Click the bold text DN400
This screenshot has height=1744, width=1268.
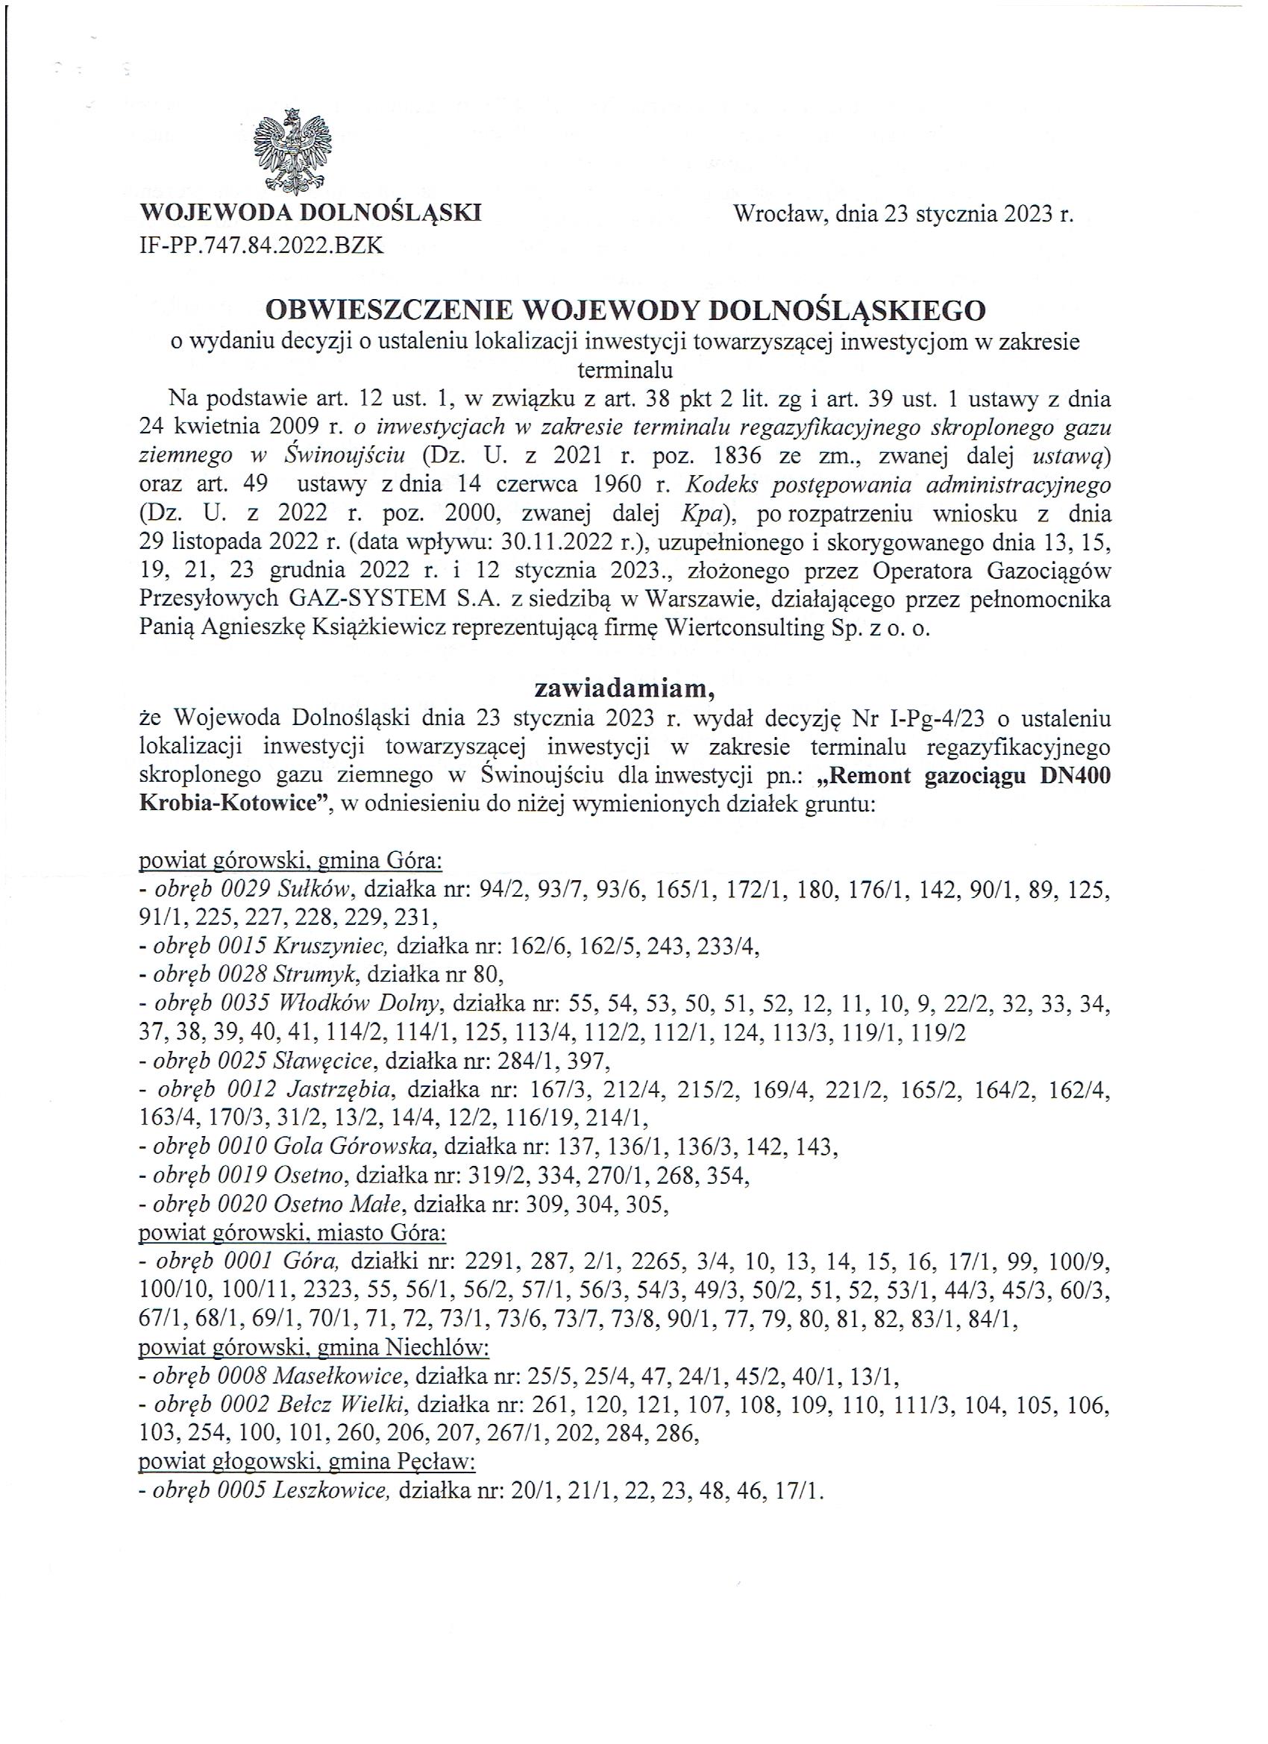(1073, 775)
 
